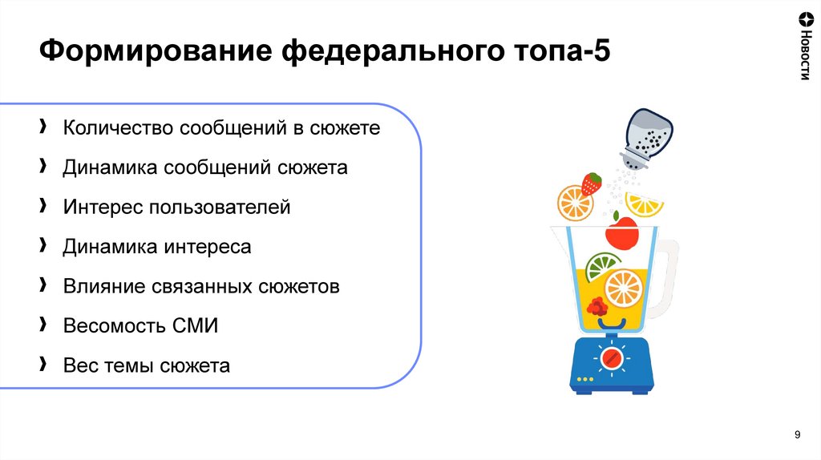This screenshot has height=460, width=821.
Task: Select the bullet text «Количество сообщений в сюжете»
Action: (x=220, y=128)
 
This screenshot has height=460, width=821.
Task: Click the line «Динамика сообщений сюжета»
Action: (x=204, y=167)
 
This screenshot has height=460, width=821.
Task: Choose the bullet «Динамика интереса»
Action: (x=156, y=247)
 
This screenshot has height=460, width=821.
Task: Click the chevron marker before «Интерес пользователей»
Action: (x=42, y=207)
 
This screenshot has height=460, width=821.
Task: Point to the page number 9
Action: (x=797, y=434)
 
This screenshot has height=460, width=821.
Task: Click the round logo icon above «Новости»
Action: (x=804, y=20)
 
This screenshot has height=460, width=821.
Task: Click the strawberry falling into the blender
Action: (x=592, y=184)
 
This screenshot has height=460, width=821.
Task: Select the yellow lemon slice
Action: (x=645, y=205)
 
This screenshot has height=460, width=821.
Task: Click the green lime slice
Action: (x=602, y=265)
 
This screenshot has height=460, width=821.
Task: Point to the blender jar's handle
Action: (x=666, y=276)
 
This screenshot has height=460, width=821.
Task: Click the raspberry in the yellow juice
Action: (x=596, y=306)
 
